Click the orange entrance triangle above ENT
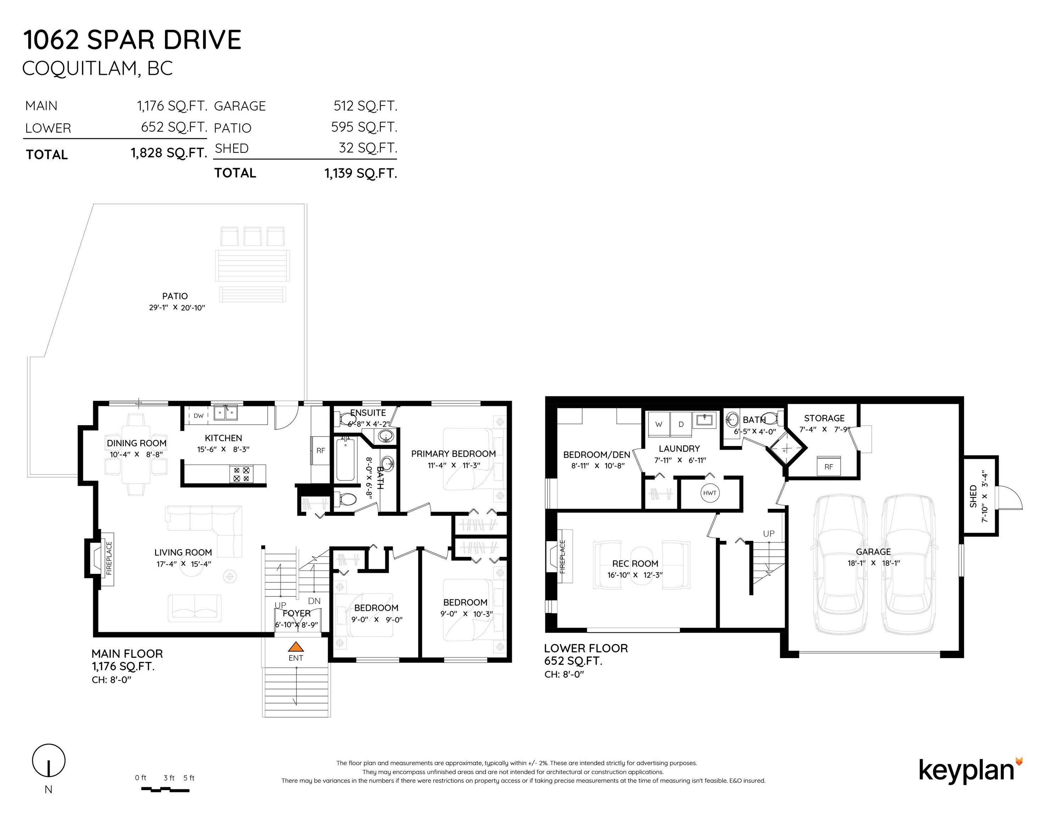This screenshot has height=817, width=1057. [x=295, y=647]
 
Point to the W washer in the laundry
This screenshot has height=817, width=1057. [x=659, y=424]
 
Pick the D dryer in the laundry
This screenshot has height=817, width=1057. [x=681, y=424]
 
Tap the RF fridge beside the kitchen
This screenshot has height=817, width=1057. [x=321, y=450]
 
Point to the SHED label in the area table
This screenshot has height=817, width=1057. [x=232, y=149]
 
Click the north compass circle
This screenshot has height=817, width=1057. [x=48, y=760]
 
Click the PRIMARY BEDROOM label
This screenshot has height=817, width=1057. [x=454, y=454]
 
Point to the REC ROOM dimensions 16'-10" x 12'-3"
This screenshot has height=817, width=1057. [x=635, y=575]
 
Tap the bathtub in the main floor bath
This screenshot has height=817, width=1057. [x=345, y=459]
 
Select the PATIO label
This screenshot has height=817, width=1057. [x=175, y=296]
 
